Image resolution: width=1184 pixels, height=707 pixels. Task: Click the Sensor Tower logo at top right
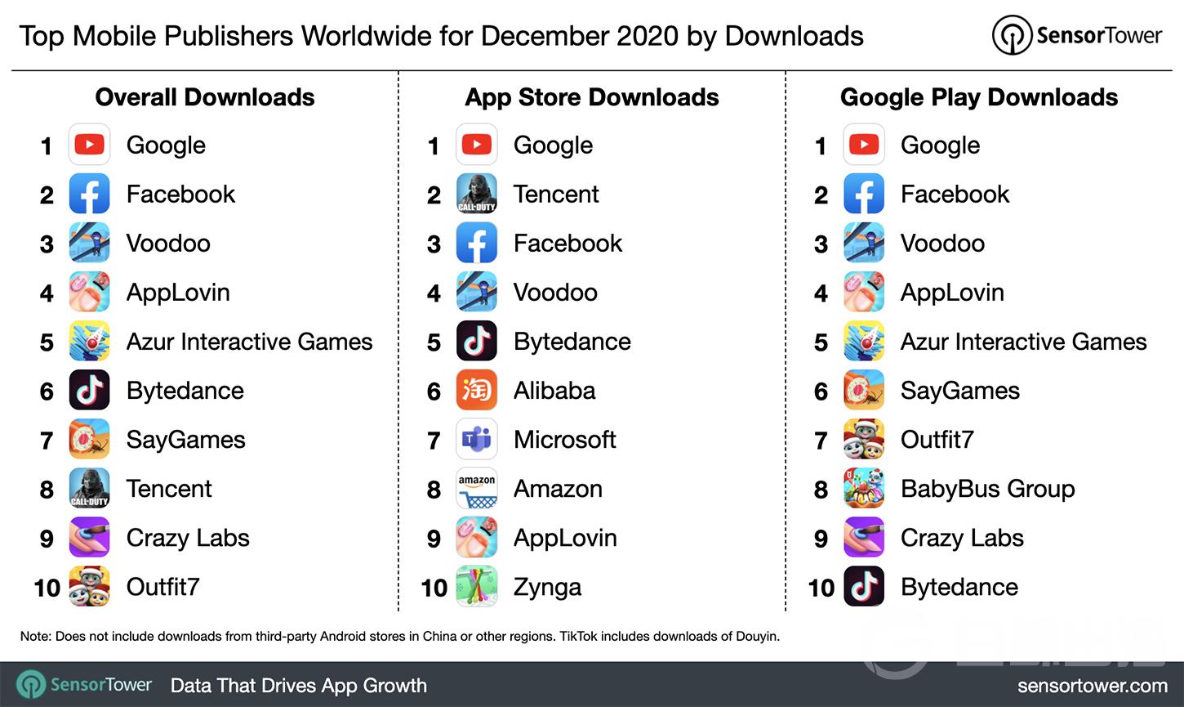1076,35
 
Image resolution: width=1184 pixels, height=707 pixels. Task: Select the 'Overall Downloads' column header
205,97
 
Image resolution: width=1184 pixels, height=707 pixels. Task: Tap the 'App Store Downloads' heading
591,97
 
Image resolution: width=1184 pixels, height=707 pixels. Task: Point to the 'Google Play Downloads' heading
978,97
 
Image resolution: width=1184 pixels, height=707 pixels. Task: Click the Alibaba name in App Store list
554,391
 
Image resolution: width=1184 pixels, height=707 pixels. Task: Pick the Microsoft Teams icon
477,440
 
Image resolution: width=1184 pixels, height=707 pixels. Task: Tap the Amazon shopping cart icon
477,489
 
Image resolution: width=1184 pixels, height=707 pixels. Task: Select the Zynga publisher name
547,588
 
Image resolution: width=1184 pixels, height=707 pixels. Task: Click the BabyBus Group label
987,489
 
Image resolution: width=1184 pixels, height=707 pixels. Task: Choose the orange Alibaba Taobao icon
477,391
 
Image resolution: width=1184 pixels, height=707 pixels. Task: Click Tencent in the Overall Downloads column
169,489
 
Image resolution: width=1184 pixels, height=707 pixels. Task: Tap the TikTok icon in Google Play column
864,587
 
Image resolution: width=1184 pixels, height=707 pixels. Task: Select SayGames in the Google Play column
959,391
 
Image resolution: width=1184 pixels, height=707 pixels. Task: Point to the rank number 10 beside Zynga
434,588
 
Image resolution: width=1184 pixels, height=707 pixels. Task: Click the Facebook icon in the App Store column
477,244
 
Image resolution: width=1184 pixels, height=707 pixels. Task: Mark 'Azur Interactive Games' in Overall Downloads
249,342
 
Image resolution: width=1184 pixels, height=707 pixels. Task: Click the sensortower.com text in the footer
1092,686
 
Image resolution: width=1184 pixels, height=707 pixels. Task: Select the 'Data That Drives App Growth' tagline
298,686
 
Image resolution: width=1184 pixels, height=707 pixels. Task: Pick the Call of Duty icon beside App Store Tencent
477,195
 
